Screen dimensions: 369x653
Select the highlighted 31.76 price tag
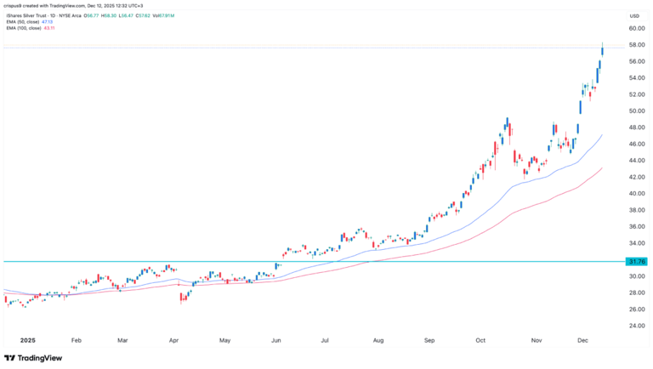click(636, 262)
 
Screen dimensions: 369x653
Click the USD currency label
click(633, 16)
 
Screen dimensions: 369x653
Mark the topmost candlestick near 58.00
click(602, 50)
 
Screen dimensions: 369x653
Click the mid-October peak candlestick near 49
click(507, 125)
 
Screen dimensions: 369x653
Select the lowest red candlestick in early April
click(182, 298)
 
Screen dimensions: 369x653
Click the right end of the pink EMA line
click(603, 168)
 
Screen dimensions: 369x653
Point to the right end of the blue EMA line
click(603, 134)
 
